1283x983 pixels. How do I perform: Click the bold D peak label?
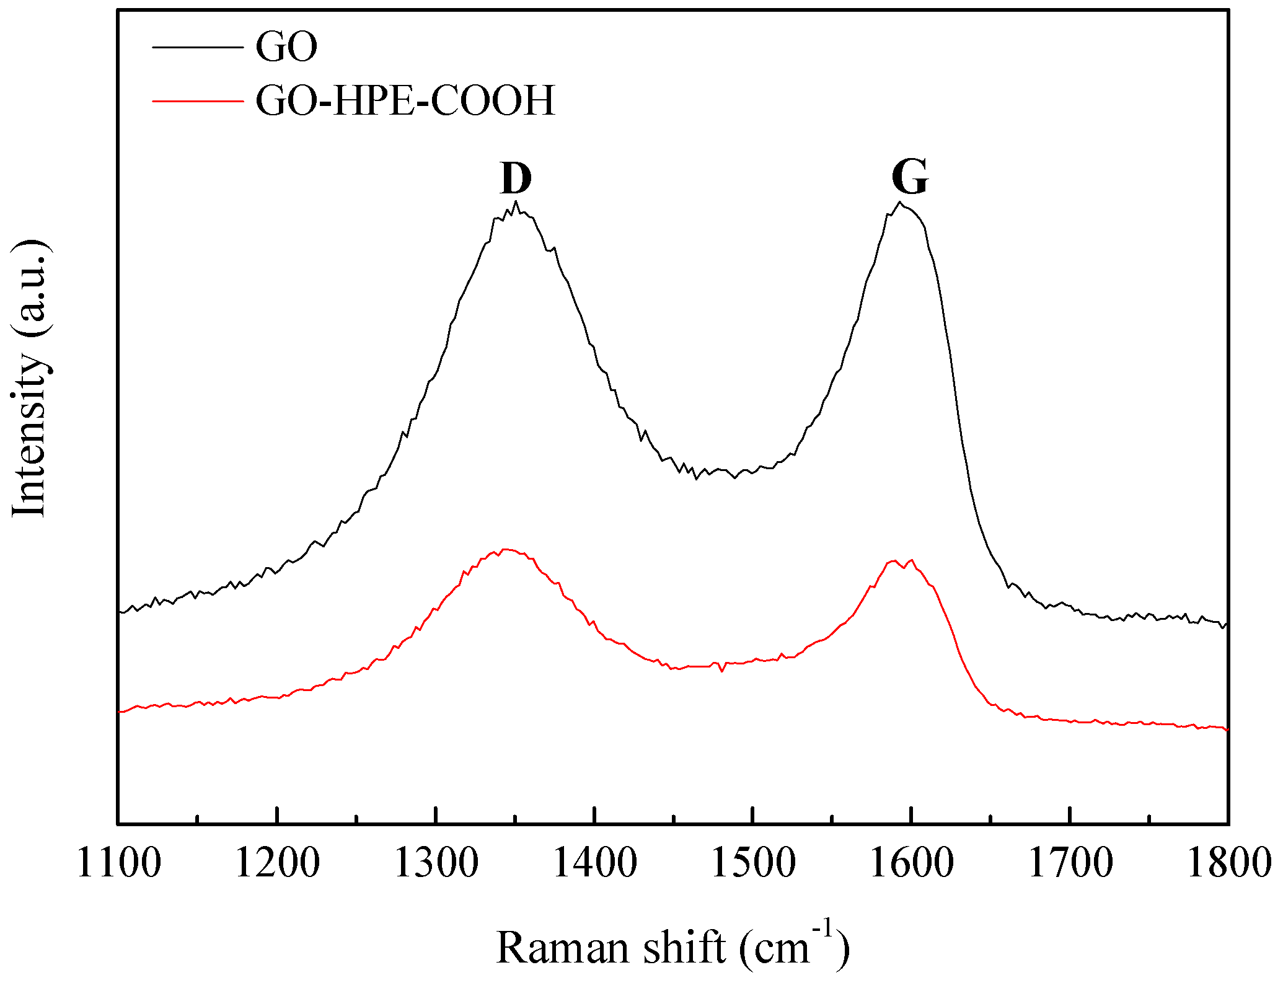tap(516, 179)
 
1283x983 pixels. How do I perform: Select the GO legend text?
tap(286, 46)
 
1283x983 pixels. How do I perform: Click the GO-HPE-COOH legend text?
tap(405, 100)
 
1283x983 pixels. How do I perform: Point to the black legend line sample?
tap(197, 47)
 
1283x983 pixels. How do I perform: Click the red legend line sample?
tap(197, 100)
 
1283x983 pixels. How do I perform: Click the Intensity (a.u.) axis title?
tap(30, 378)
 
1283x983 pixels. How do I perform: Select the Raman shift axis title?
tap(672, 947)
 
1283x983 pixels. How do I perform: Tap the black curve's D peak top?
tap(516, 201)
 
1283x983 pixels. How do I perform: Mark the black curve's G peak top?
tap(900, 202)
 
